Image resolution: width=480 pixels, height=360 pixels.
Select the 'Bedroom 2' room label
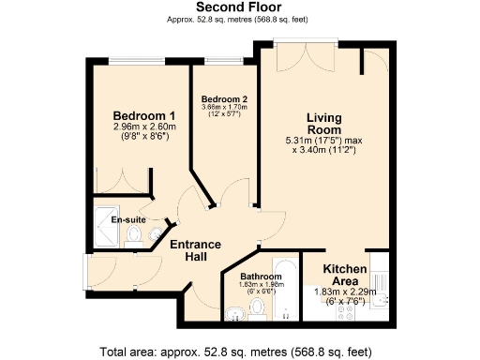tap(224, 98)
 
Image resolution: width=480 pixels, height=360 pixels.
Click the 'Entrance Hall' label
tap(195, 250)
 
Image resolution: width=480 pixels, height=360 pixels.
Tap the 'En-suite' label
tap(127, 219)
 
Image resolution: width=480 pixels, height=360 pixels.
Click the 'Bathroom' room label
tap(260, 277)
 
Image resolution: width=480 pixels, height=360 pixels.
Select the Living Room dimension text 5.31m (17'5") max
tap(324, 141)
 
